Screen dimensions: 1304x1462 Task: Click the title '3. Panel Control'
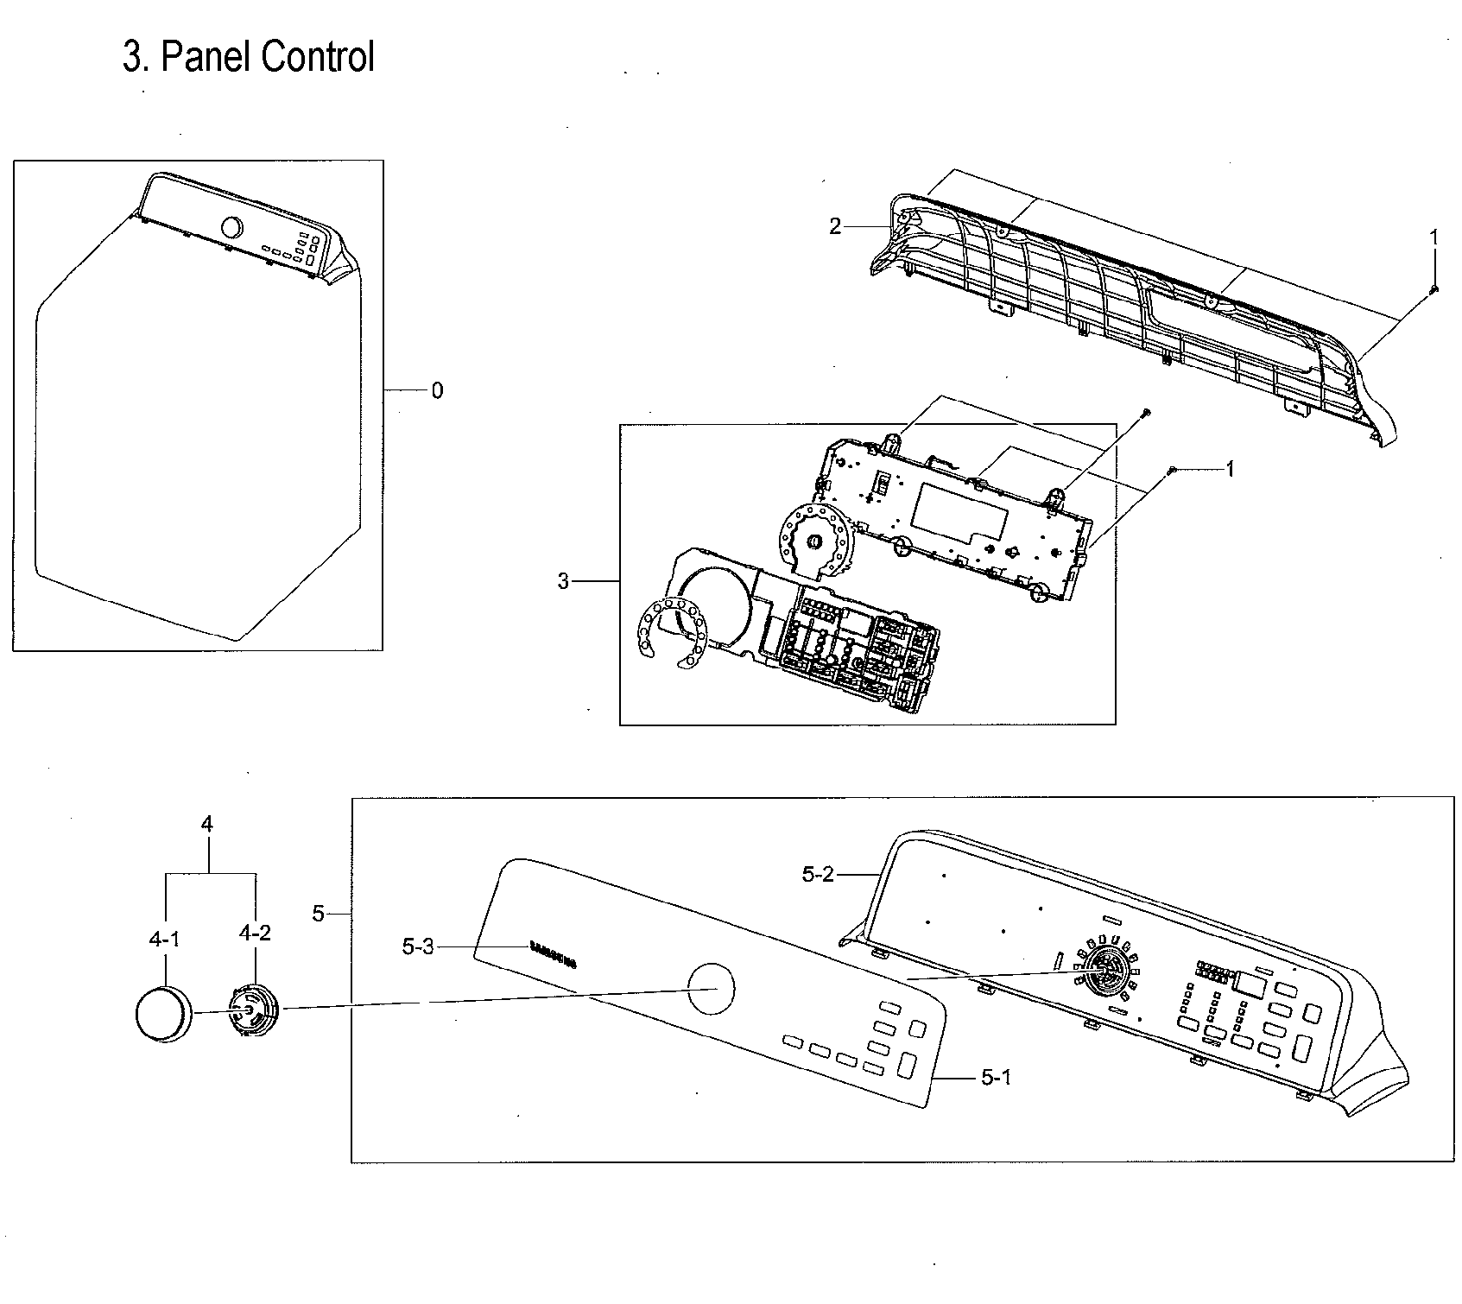(x=249, y=58)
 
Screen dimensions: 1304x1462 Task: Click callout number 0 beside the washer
(x=437, y=391)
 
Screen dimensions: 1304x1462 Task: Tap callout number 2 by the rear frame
(x=834, y=226)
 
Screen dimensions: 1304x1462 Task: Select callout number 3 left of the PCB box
(x=563, y=582)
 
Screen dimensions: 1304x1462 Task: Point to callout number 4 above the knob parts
(x=207, y=824)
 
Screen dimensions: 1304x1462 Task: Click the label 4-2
(x=255, y=933)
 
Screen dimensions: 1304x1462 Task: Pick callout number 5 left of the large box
(x=319, y=914)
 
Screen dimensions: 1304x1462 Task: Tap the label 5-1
(x=996, y=1077)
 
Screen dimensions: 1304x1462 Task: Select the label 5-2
(x=818, y=874)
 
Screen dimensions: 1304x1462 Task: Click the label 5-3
(x=418, y=947)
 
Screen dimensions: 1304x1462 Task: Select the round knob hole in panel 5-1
(x=710, y=988)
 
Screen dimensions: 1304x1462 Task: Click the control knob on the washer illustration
(x=231, y=228)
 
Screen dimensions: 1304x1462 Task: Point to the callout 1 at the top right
(x=1434, y=236)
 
